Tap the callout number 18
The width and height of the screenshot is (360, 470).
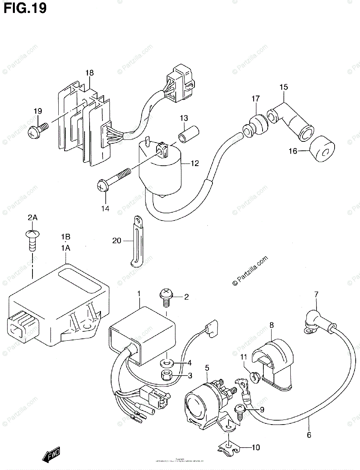point(90,73)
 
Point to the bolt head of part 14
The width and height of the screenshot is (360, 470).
point(101,186)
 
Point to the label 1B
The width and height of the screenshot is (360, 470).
point(65,237)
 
